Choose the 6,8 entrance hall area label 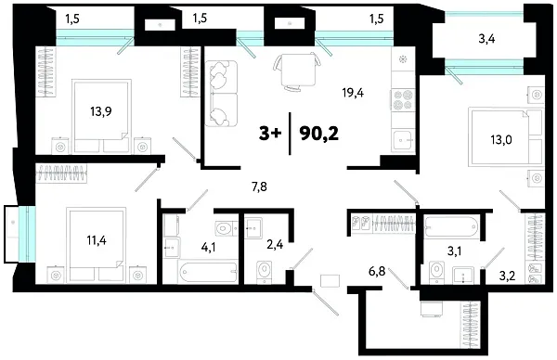click(x=378, y=272)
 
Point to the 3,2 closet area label click(x=506, y=275)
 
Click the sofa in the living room click(x=223, y=93)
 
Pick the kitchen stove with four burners click(x=406, y=98)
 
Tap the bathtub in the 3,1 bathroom click(x=450, y=224)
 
